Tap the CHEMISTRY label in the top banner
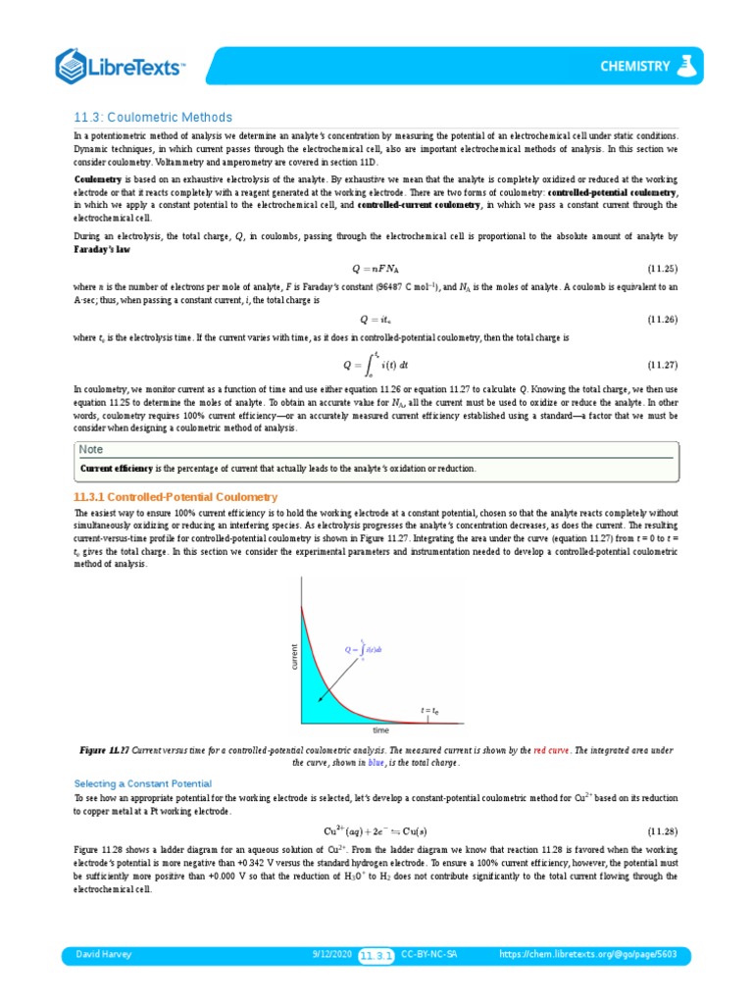pyautogui.click(x=635, y=67)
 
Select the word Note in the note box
pyautogui.click(x=91, y=449)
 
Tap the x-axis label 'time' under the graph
pyautogui.click(x=381, y=730)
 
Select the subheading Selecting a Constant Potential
pyautogui.click(x=143, y=783)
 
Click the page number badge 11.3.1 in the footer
pyautogui.click(x=376, y=954)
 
